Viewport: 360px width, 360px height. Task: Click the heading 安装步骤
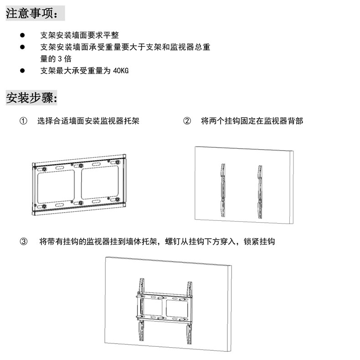tap(32, 98)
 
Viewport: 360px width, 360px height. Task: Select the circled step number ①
tap(23, 121)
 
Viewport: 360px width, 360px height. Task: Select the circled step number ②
tap(187, 121)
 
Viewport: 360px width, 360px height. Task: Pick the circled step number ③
tap(23, 241)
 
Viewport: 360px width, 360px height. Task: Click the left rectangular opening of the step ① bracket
tap(56, 185)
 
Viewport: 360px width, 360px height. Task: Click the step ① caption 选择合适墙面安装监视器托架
tap(88, 121)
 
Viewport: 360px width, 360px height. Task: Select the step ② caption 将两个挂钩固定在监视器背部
tap(252, 121)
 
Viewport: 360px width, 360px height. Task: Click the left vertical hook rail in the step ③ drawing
tap(141, 310)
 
